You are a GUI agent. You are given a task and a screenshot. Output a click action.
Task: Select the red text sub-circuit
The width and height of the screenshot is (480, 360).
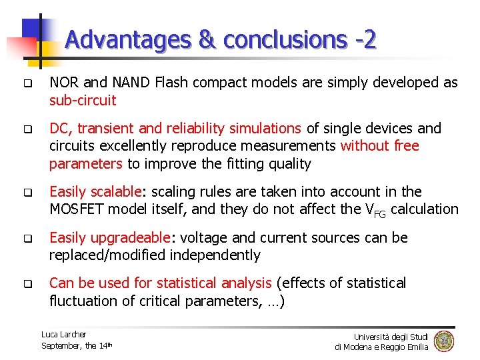[x=83, y=101]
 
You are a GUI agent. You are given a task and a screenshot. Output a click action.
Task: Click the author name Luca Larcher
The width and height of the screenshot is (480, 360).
[x=63, y=334]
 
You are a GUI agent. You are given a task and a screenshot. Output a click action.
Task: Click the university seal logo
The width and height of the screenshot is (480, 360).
[x=443, y=341]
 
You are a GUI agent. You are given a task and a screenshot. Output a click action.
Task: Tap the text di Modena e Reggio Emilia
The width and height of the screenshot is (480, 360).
[x=381, y=347]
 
